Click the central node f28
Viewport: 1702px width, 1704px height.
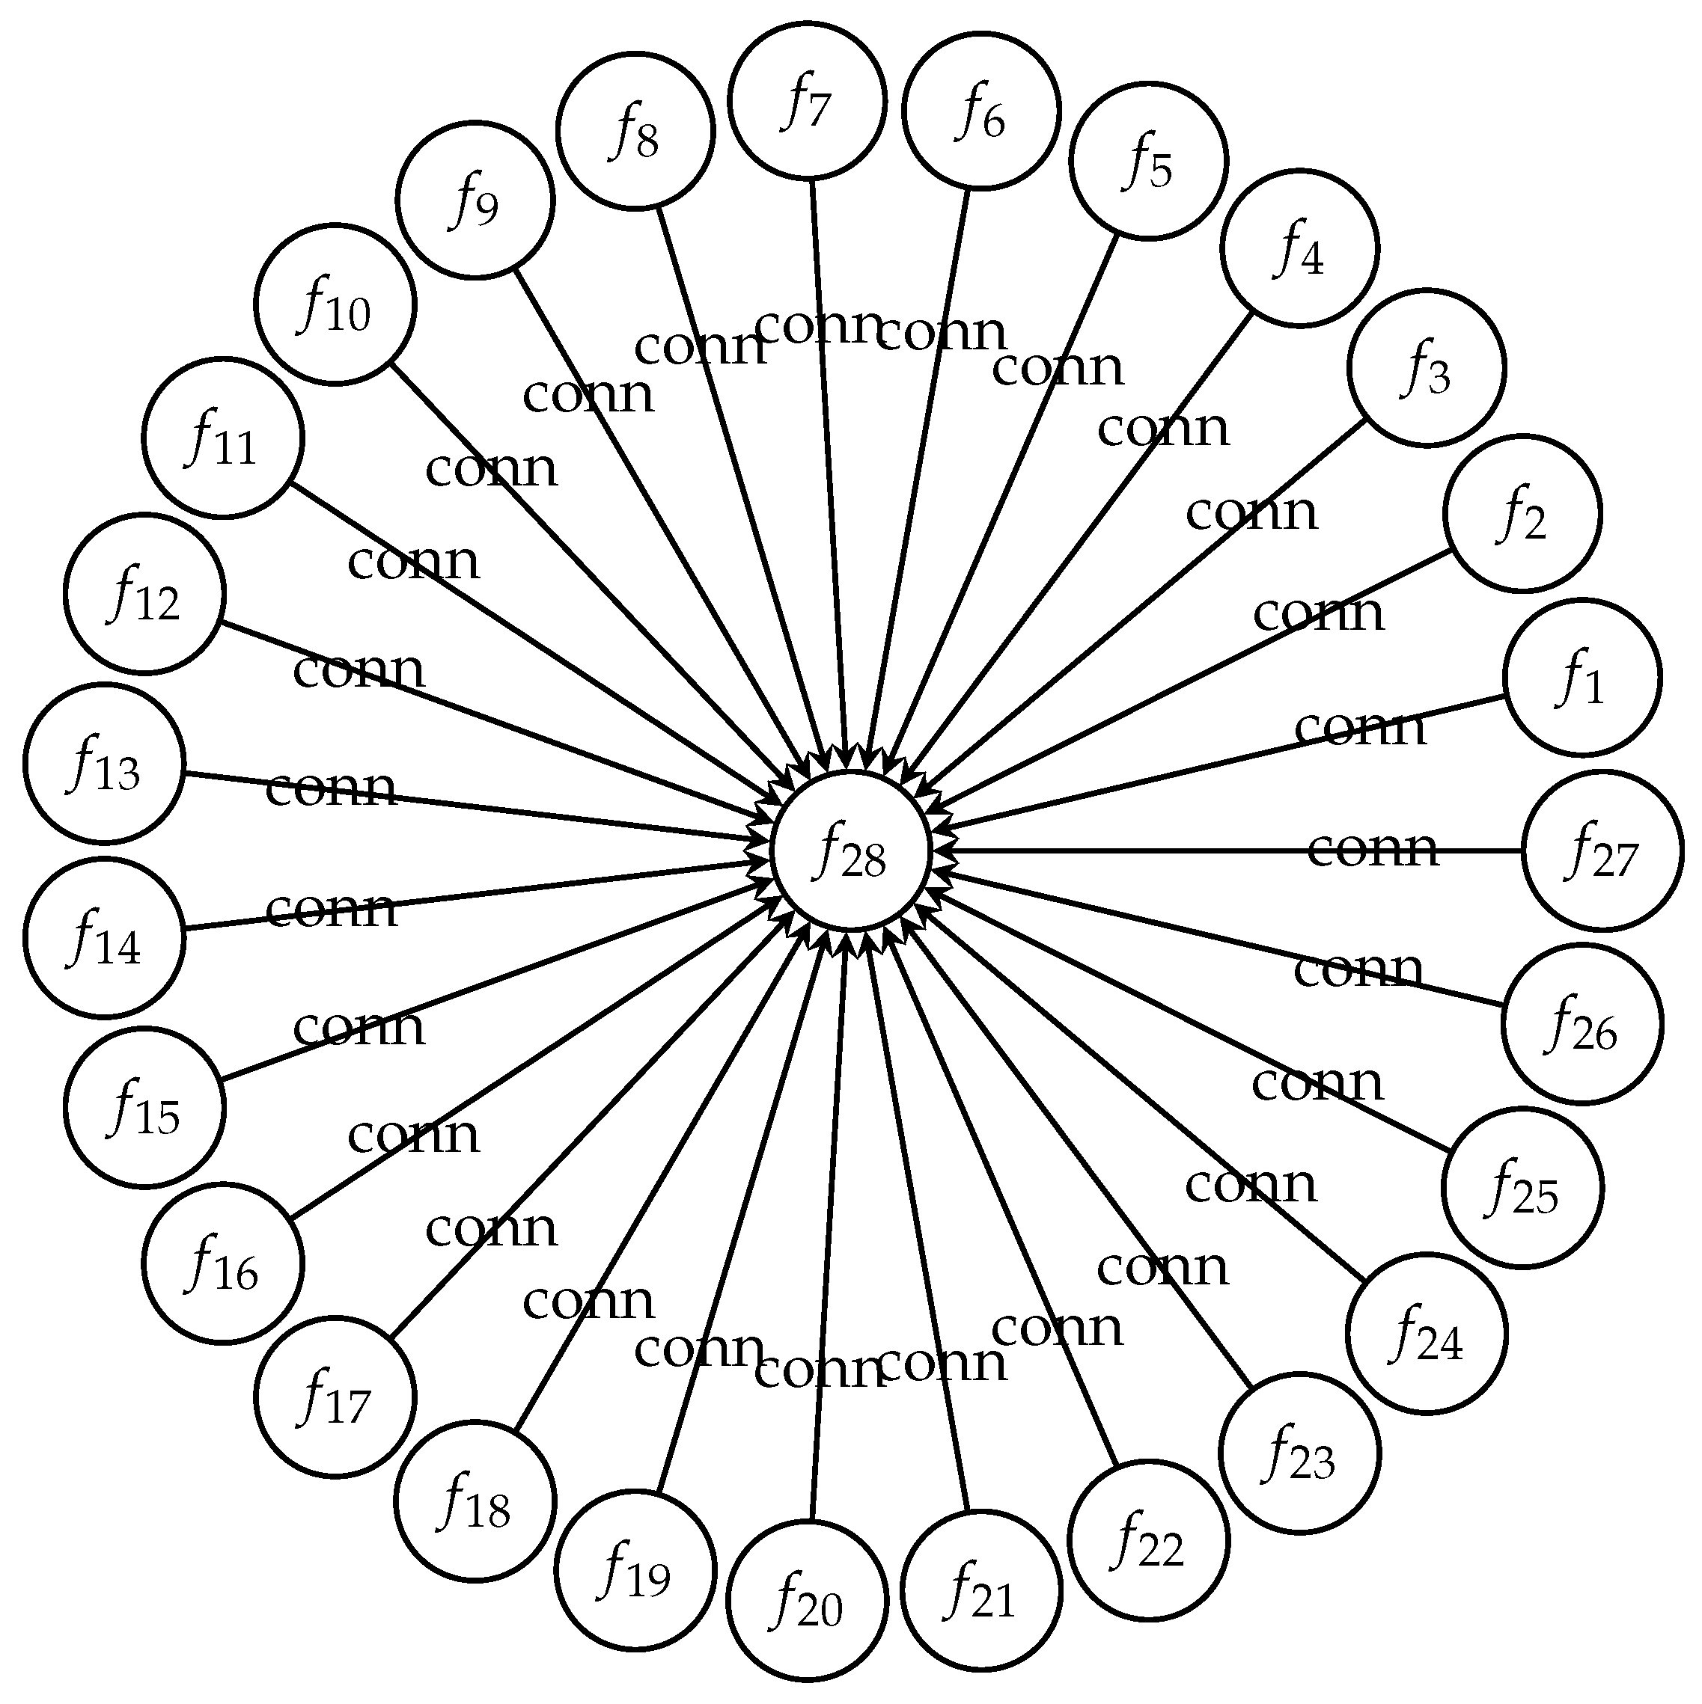(x=850, y=851)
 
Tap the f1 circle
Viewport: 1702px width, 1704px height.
(x=1582, y=678)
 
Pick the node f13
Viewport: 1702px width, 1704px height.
(x=104, y=764)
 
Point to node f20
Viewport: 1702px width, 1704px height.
(x=808, y=1601)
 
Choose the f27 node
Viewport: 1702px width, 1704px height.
(x=1602, y=851)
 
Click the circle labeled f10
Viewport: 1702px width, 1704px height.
(x=335, y=305)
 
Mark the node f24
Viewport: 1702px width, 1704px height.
(x=1426, y=1334)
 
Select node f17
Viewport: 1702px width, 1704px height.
(x=335, y=1397)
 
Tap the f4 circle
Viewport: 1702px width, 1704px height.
(x=1299, y=248)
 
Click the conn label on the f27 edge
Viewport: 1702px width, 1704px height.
(x=1372, y=849)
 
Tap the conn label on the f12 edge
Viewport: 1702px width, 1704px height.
(x=359, y=670)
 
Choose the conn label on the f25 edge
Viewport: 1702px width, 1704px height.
(x=1317, y=1083)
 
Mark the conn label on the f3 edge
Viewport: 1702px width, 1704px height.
(x=1251, y=512)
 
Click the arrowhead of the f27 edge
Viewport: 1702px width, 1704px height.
(x=942, y=851)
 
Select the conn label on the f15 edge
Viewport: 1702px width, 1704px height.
(x=359, y=1028)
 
